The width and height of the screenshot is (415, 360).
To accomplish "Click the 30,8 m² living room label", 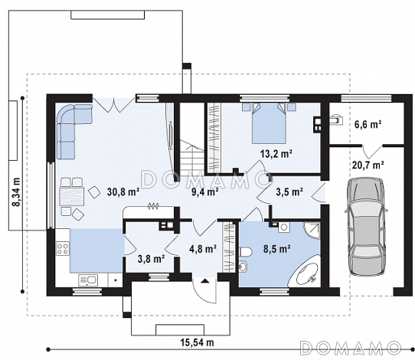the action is coord(123,191).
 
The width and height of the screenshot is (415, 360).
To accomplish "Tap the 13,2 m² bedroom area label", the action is coord(276,153).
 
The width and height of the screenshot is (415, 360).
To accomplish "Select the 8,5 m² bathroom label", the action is coord(277,249).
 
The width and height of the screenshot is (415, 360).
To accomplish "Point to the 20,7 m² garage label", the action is coord(368,165).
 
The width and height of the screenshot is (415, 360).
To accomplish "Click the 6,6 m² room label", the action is coord(368,124).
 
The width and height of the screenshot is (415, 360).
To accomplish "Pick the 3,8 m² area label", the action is coord(152,259).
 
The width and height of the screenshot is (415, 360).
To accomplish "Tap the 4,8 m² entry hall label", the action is coord(203,249).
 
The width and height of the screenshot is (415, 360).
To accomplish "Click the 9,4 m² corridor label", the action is coord(205,191).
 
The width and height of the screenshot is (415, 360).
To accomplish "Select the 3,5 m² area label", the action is coord(289,191).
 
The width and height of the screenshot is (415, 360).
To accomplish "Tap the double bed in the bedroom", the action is coord(269,123).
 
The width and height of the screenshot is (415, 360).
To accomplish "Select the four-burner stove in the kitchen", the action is coord(63,248).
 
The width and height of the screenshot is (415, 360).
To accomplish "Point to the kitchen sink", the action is coord(88,280).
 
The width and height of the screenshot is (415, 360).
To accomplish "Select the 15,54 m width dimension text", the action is coord(198,342).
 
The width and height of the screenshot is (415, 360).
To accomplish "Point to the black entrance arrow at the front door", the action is coord(204,281).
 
